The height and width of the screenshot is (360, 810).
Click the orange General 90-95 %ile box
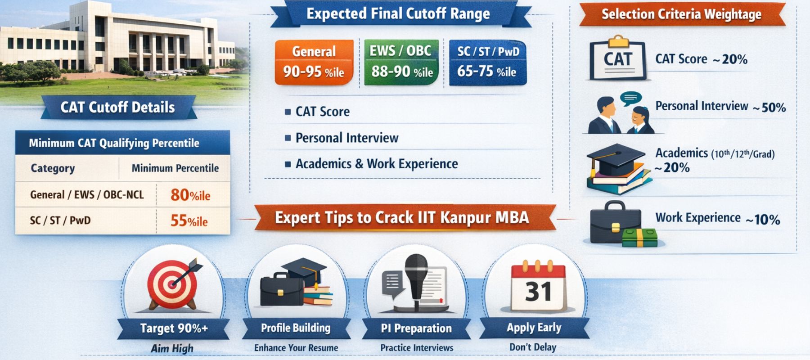pos(314,62)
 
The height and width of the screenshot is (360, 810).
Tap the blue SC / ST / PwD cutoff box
pos(487,62)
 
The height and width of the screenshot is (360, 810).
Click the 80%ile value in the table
pos(190,195)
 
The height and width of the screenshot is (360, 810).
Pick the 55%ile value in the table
pos(189,220)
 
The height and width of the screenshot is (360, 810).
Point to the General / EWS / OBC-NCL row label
pos(87,195)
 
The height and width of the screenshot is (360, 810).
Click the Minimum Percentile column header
pos(175,168)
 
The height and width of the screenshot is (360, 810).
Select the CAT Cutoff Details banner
pos(118,108)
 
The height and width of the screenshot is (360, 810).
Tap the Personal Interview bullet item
pos(346,138)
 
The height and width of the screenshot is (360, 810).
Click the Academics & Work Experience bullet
pos(376,164)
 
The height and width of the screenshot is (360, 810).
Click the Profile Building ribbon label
pos(296,328)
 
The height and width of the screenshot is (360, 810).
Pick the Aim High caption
pos(172,348)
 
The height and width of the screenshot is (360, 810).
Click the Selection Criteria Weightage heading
pos(681,14)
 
